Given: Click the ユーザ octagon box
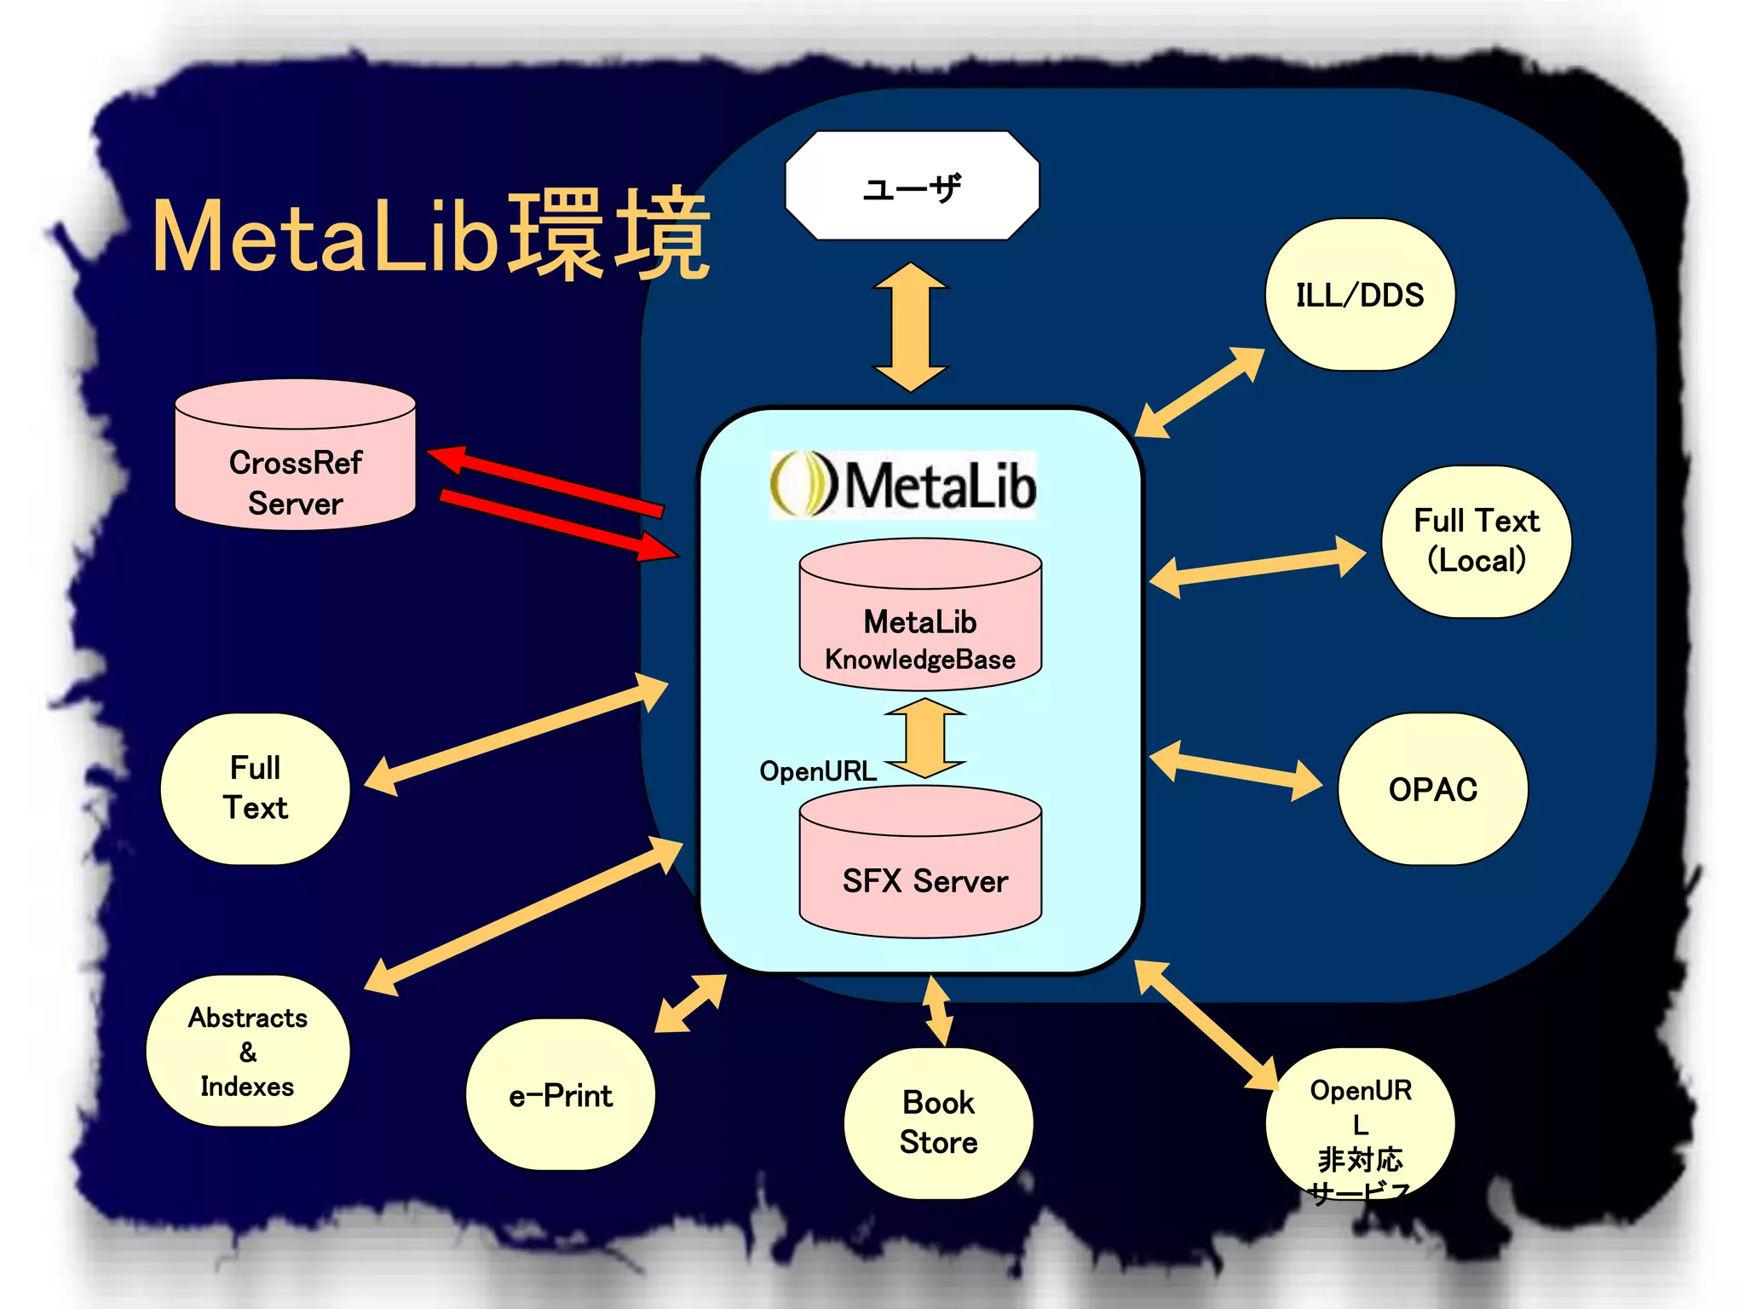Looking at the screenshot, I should [912, 186].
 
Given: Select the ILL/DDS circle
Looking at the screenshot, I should [1360, 295].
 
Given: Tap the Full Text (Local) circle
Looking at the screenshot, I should [1476, 541].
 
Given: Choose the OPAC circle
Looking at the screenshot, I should [1432, 789].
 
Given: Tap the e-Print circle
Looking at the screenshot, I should [560, 1095].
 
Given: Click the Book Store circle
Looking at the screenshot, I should [938, 1122].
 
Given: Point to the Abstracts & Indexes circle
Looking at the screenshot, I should [247, 1051].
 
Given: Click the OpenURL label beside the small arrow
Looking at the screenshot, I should [817, 771].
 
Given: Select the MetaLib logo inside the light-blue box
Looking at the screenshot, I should [903, 485].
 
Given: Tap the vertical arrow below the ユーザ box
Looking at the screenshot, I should [910, 327].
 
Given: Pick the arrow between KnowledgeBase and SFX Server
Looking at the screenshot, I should [924, 738].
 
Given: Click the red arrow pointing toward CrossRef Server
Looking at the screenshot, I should [545, 482].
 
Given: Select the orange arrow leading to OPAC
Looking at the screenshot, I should [1235, 771].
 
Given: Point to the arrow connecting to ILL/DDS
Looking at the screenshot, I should [1200, 392].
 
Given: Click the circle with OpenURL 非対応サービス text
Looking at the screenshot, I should [1360, 1125].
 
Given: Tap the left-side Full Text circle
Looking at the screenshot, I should [255, 788].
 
